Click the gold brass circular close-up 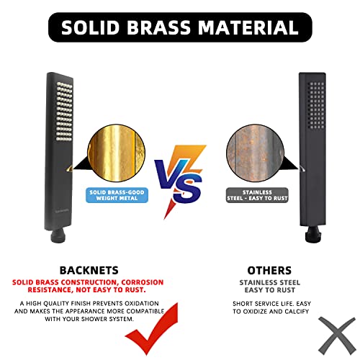click(x=115, y=156)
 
